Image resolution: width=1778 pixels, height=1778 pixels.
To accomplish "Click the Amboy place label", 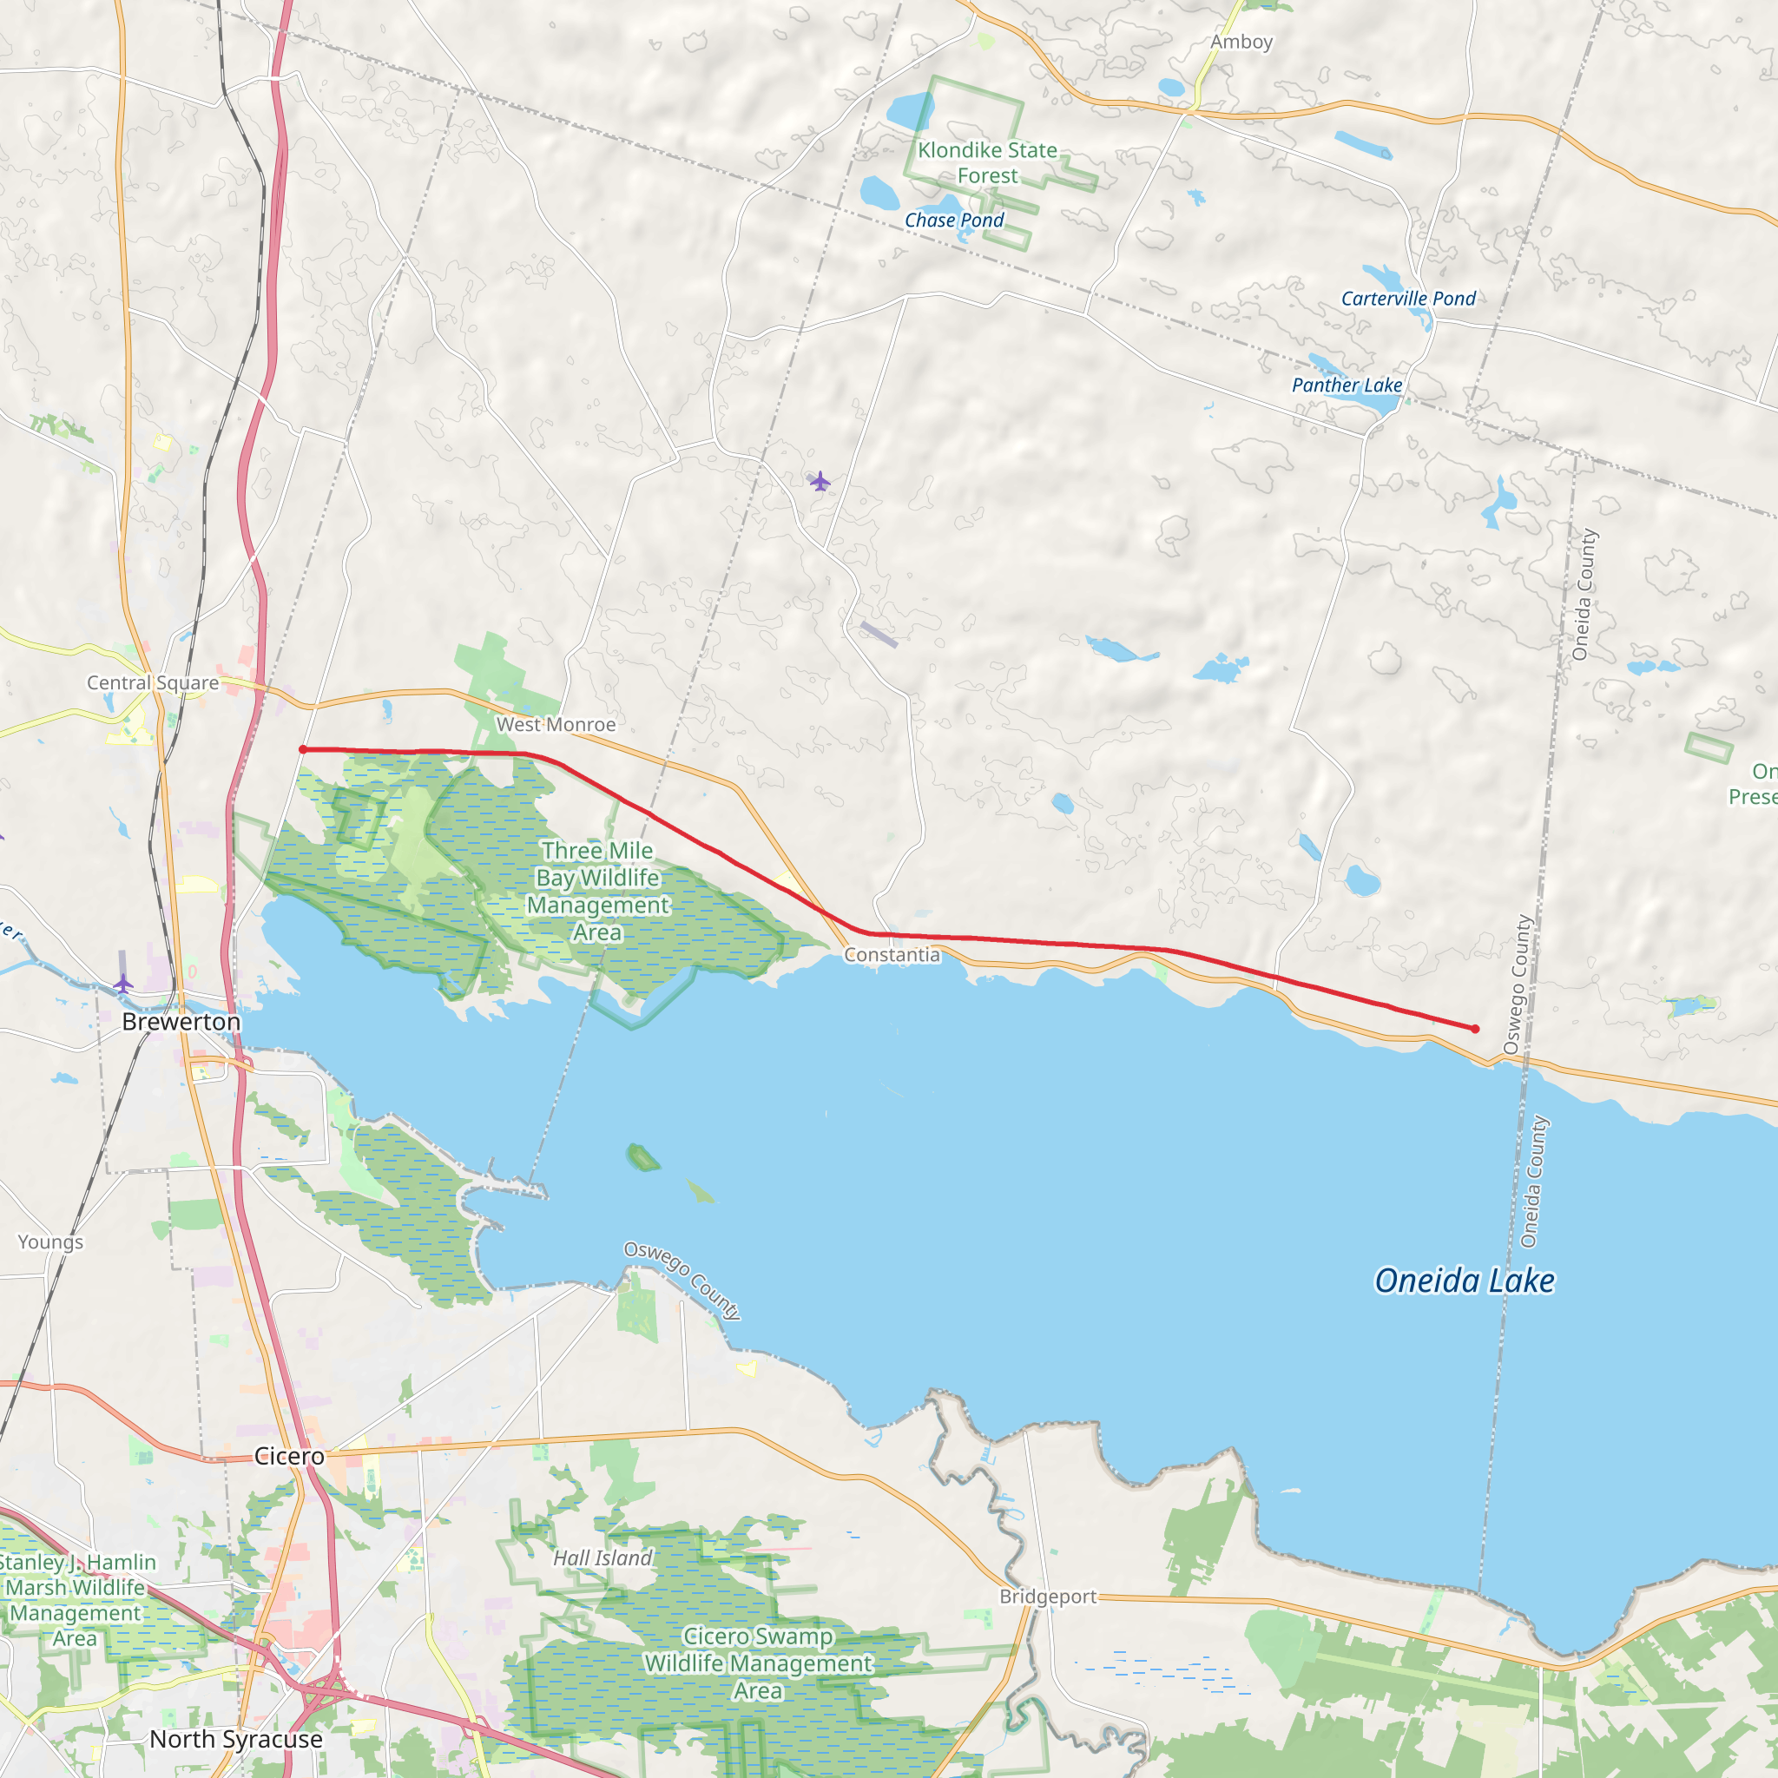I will click(1241, 42).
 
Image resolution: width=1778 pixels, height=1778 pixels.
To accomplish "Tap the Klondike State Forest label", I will click(986, 163).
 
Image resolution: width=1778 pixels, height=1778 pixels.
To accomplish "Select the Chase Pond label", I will click(953, 220).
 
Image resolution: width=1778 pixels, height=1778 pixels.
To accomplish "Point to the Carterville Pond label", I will click(1407, 298).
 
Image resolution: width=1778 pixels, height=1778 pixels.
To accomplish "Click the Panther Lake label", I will click(1347, 385).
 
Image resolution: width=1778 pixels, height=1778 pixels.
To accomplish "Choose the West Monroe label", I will click(556, 724).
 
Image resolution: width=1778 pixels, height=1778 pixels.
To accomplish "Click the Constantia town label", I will click(892, 954).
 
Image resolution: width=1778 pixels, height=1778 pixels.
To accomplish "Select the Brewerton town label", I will click(181, 1022).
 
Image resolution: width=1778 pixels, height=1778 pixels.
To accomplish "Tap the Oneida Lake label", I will click(1465, 1281).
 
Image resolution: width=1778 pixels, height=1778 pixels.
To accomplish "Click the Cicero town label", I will click(289, 1455).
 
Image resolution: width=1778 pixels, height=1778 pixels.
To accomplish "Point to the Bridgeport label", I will click(1048, 1596).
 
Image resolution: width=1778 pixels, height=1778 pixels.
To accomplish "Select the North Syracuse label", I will click(235, 1738).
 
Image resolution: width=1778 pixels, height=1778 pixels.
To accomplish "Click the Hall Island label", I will click(602, 1557).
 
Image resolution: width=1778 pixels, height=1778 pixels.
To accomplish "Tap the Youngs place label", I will click(50, 1241).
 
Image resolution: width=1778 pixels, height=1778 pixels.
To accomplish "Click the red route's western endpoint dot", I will click(303, 749).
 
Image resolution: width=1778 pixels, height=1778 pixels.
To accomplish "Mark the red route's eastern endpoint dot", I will click(1475, 1029).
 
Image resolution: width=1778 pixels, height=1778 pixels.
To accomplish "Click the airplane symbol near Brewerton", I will click(123, 984).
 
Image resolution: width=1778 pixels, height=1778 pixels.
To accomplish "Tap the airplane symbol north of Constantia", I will click(819, 480).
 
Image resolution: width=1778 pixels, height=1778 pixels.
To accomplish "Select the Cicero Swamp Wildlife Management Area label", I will click(757, 1663).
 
